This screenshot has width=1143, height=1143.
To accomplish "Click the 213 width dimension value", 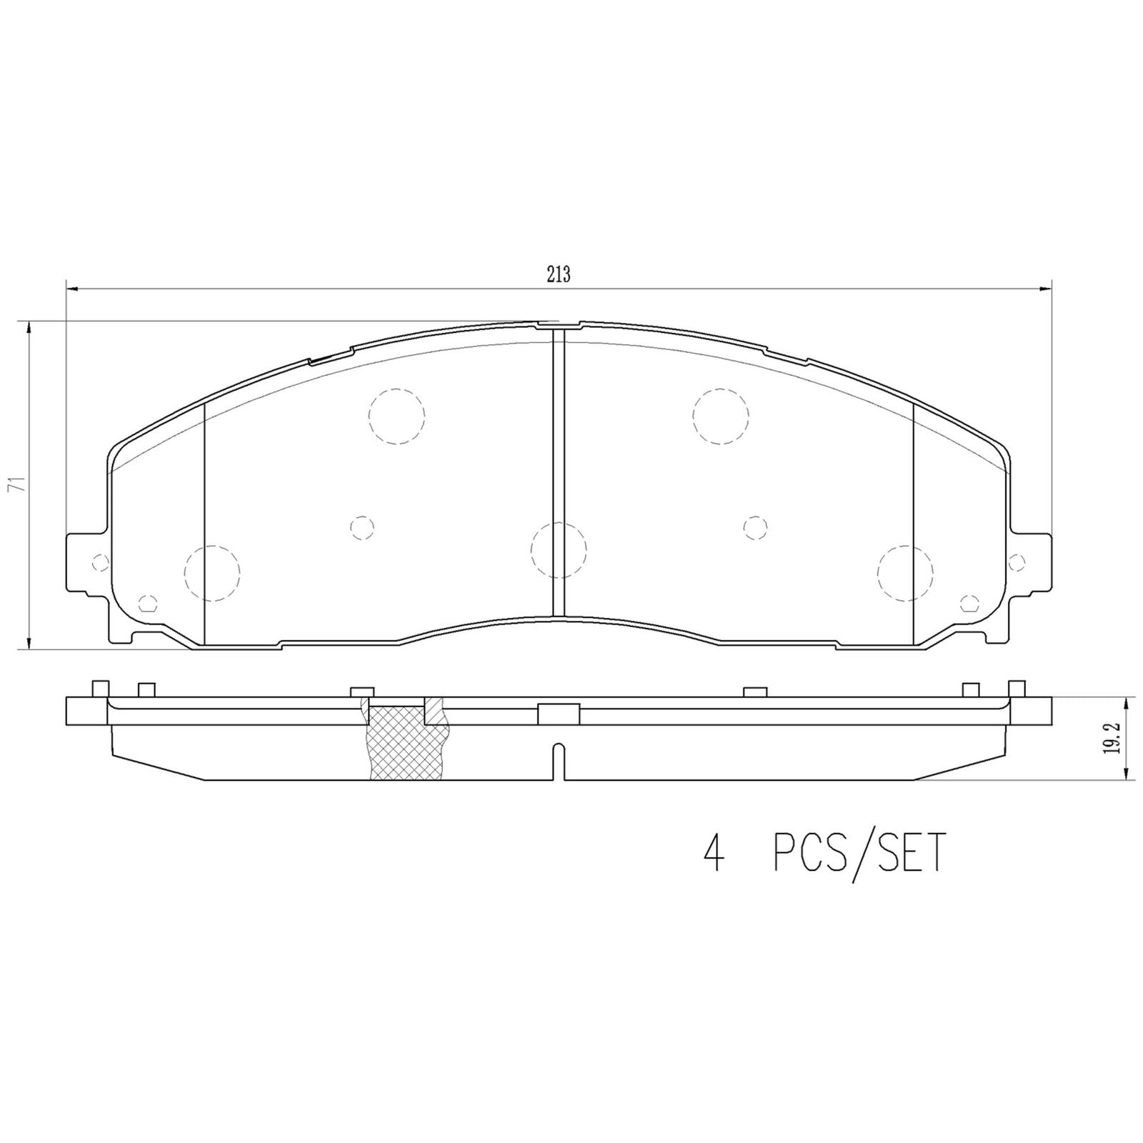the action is click(558, 274).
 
